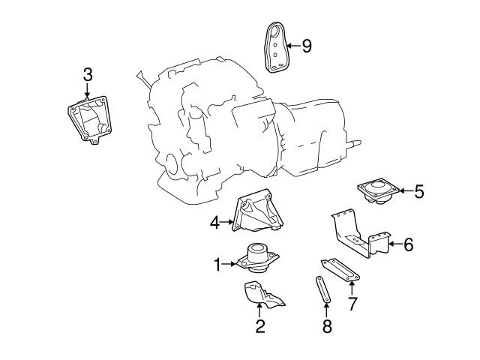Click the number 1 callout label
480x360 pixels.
pos(217,263)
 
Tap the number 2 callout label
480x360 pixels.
pos(260,325)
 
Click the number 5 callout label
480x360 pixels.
pos(418,191)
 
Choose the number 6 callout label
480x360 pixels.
pos(408,244)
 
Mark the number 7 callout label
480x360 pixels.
pos(352,304)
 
